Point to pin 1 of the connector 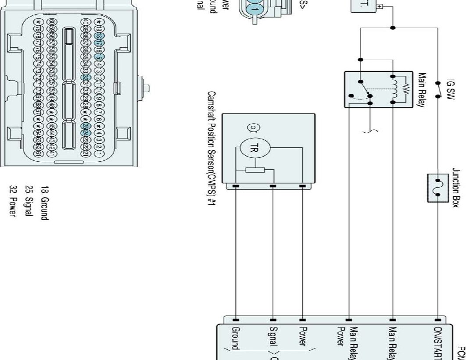click(99, 154)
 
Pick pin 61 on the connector click(39, 154)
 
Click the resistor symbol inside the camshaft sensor click(255, 170)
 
